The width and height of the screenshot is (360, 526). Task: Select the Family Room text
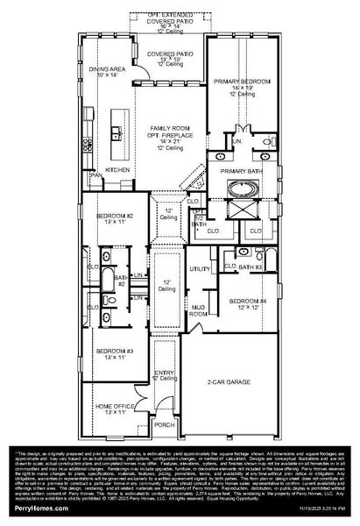click(168, 128)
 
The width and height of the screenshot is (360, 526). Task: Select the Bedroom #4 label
click(244, 301)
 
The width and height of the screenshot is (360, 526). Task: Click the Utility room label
click(200, 269)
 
